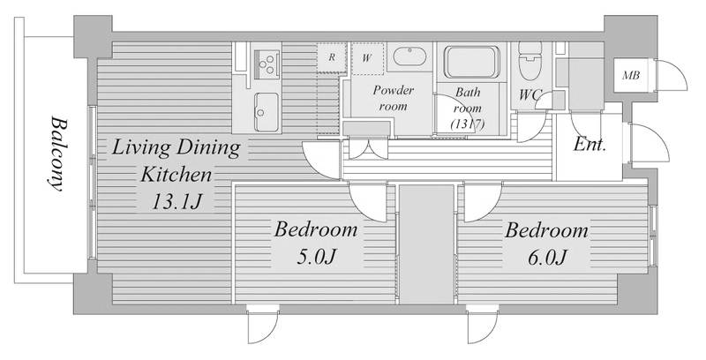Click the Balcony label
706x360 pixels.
[56, 154]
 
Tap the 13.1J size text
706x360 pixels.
[175, 202]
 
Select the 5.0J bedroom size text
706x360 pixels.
[316, 257]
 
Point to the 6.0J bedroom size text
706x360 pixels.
[546, 258]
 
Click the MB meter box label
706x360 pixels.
[631, 76]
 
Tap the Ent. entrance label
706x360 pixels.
[590, 145]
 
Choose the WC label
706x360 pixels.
[530, 94]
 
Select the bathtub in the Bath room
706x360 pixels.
[472, 62]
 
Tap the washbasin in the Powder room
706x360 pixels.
[409, 57]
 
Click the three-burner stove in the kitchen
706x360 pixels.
[267, 62]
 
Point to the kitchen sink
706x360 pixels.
[267, 105]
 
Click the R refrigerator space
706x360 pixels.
[332, 57]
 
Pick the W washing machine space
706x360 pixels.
[367, 58]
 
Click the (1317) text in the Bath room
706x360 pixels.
[469, 124]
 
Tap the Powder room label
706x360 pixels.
[393, 98]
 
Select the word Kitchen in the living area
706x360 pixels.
[176, 174]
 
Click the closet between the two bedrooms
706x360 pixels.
[426, 244]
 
